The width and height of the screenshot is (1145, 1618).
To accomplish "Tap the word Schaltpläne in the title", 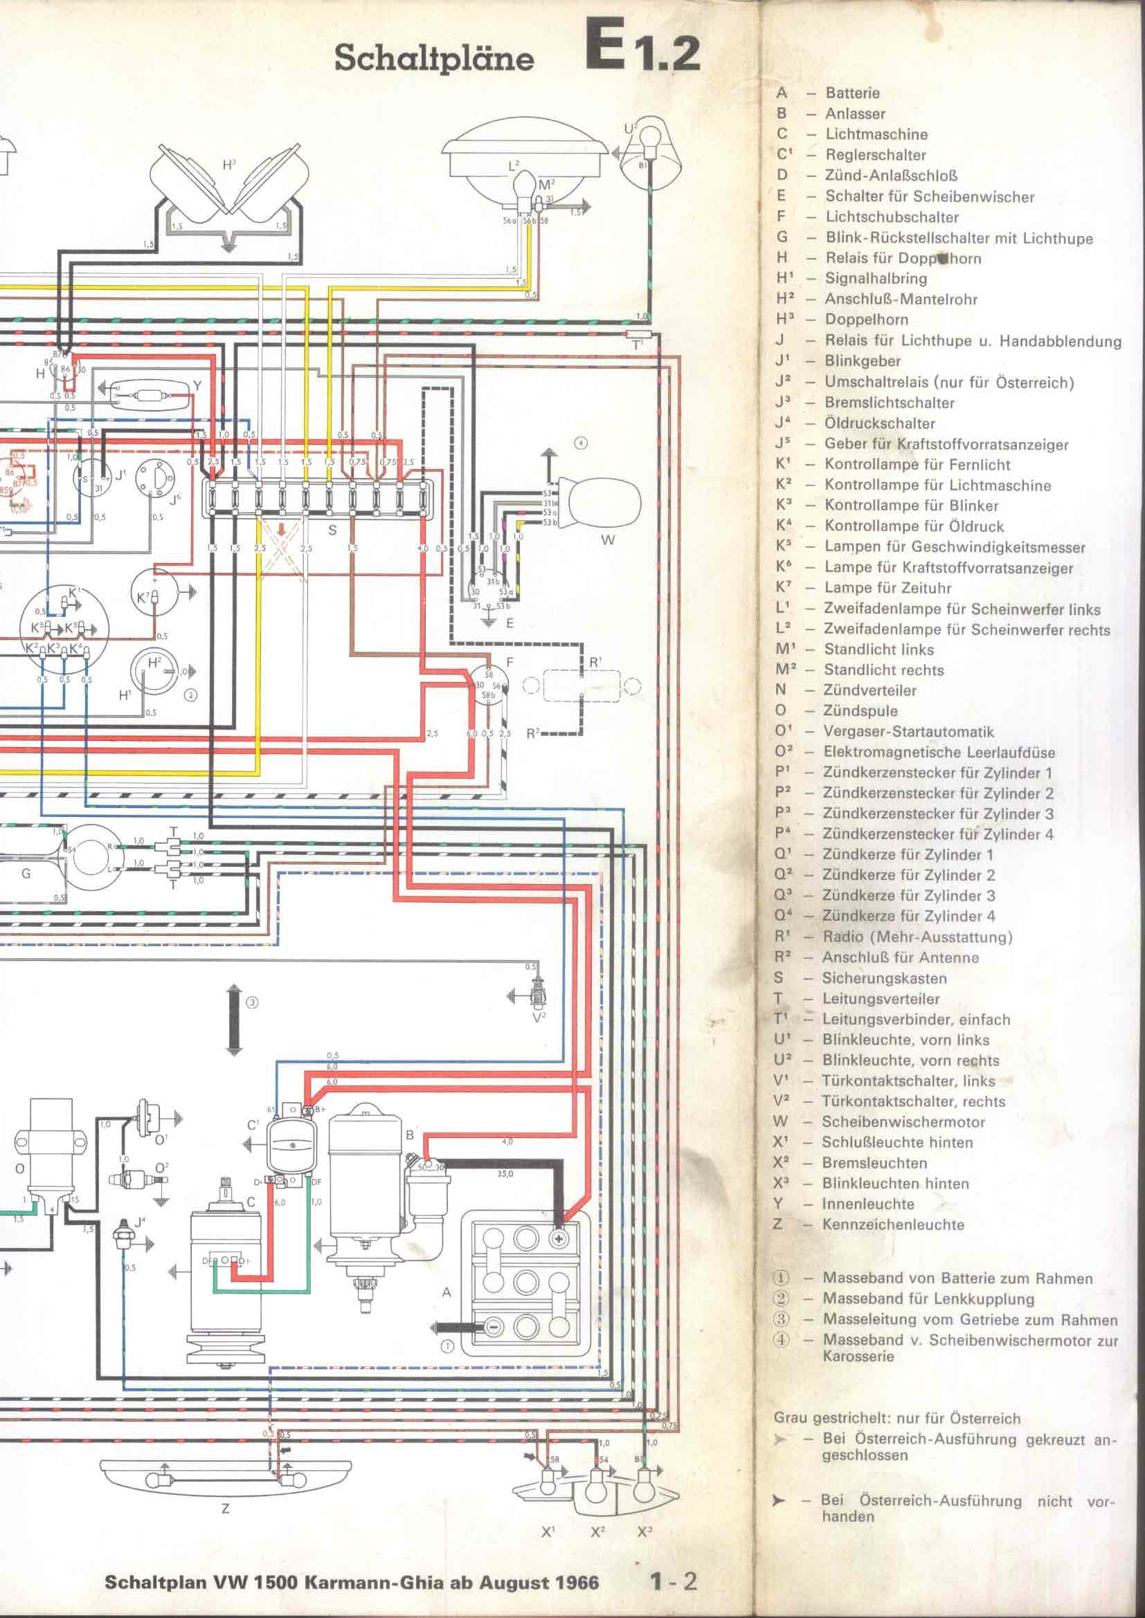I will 433,58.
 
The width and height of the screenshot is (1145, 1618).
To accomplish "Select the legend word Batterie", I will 852,93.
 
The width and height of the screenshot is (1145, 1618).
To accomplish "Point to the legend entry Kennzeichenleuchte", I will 892,1224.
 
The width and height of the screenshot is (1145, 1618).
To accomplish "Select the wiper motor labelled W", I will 599,503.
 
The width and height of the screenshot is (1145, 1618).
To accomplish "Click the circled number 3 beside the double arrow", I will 252,1003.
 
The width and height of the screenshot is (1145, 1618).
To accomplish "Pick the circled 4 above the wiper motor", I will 580,443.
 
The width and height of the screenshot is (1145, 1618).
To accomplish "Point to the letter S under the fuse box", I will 333,530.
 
